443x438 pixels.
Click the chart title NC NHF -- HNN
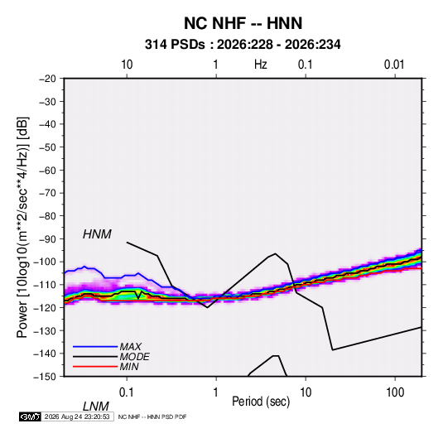(243, 23)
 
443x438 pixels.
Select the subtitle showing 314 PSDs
(243, 45)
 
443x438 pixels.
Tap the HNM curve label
(97, 234)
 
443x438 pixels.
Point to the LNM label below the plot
(96, 407)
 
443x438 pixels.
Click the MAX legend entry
(130, 347)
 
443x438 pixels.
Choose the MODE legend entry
(134, 357)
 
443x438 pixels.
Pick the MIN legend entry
(129, 367)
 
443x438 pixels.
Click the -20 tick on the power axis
(47, 79)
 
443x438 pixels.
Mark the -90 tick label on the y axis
(47, 239)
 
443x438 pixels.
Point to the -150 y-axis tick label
(45, 377)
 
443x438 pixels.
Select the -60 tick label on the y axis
(47, 170)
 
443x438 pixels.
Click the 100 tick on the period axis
(395, 392)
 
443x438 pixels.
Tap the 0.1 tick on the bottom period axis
(127, 392)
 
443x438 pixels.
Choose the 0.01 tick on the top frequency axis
(394, 65)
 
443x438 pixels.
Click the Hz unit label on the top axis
(261, 65)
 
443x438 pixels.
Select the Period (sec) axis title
(261, 402)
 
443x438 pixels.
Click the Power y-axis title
(22, 228)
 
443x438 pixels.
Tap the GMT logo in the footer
(30, 416)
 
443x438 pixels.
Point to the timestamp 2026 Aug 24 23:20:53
(77, 416)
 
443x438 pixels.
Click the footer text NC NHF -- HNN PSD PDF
(152, 416)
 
